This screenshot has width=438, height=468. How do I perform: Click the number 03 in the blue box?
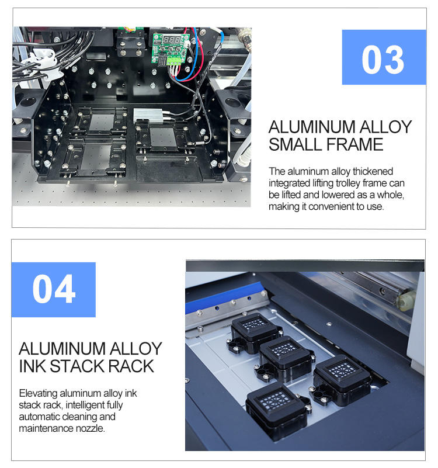tap(383, 60)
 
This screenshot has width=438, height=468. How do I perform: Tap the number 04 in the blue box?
tap(54, 289)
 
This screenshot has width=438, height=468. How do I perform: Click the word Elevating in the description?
tap(38, 393)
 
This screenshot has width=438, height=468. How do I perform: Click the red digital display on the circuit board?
tap(172, 39)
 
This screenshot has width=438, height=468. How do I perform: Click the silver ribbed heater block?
tap(148, 115)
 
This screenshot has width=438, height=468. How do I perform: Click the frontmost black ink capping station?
tap(276, 408)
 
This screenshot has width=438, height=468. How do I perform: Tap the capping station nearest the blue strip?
tap(254, 331)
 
